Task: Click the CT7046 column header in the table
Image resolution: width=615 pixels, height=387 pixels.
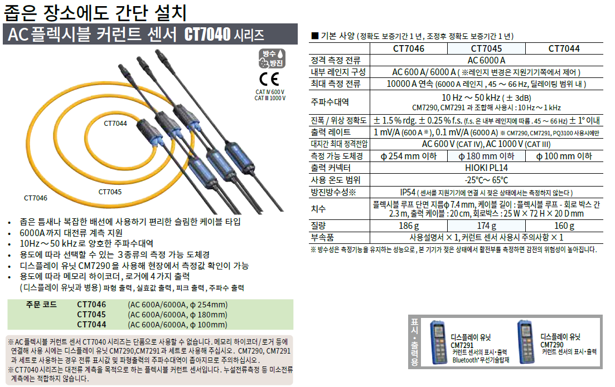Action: click(x=408, y=48)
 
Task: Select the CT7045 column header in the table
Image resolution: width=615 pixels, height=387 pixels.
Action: click(x=486, y=48)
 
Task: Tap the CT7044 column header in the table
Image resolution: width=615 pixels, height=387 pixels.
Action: click(x=564, y=48)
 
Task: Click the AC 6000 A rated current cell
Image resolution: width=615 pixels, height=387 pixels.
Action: click(x=486, y=60)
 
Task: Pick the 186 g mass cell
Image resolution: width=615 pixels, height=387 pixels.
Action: click(x=408, y=226)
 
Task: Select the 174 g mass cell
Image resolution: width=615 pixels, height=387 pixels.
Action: click(x=486, y=226)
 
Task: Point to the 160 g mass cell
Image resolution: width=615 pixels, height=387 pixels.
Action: click(x=564, y=226)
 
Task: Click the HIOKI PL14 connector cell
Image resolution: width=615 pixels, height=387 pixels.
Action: click(x=486, y=168)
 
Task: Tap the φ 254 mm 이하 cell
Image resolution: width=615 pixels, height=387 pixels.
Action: click(x=408, y=156)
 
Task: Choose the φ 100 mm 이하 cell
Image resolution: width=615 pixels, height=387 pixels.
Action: click(x=564, y=156)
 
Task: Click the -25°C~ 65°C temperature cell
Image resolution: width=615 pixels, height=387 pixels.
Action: click(x=486, y=179)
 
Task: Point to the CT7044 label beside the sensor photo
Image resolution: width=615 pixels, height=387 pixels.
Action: click(x=115, y=124)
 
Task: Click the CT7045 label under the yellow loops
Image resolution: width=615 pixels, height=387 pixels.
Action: click(x=110, y=192)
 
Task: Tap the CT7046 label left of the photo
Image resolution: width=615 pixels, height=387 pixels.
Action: click(x=36, y=198)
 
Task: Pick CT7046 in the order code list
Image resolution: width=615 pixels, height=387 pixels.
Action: click(x=91, y=305)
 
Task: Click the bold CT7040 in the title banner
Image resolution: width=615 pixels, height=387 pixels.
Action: click(x=207, y=36)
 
